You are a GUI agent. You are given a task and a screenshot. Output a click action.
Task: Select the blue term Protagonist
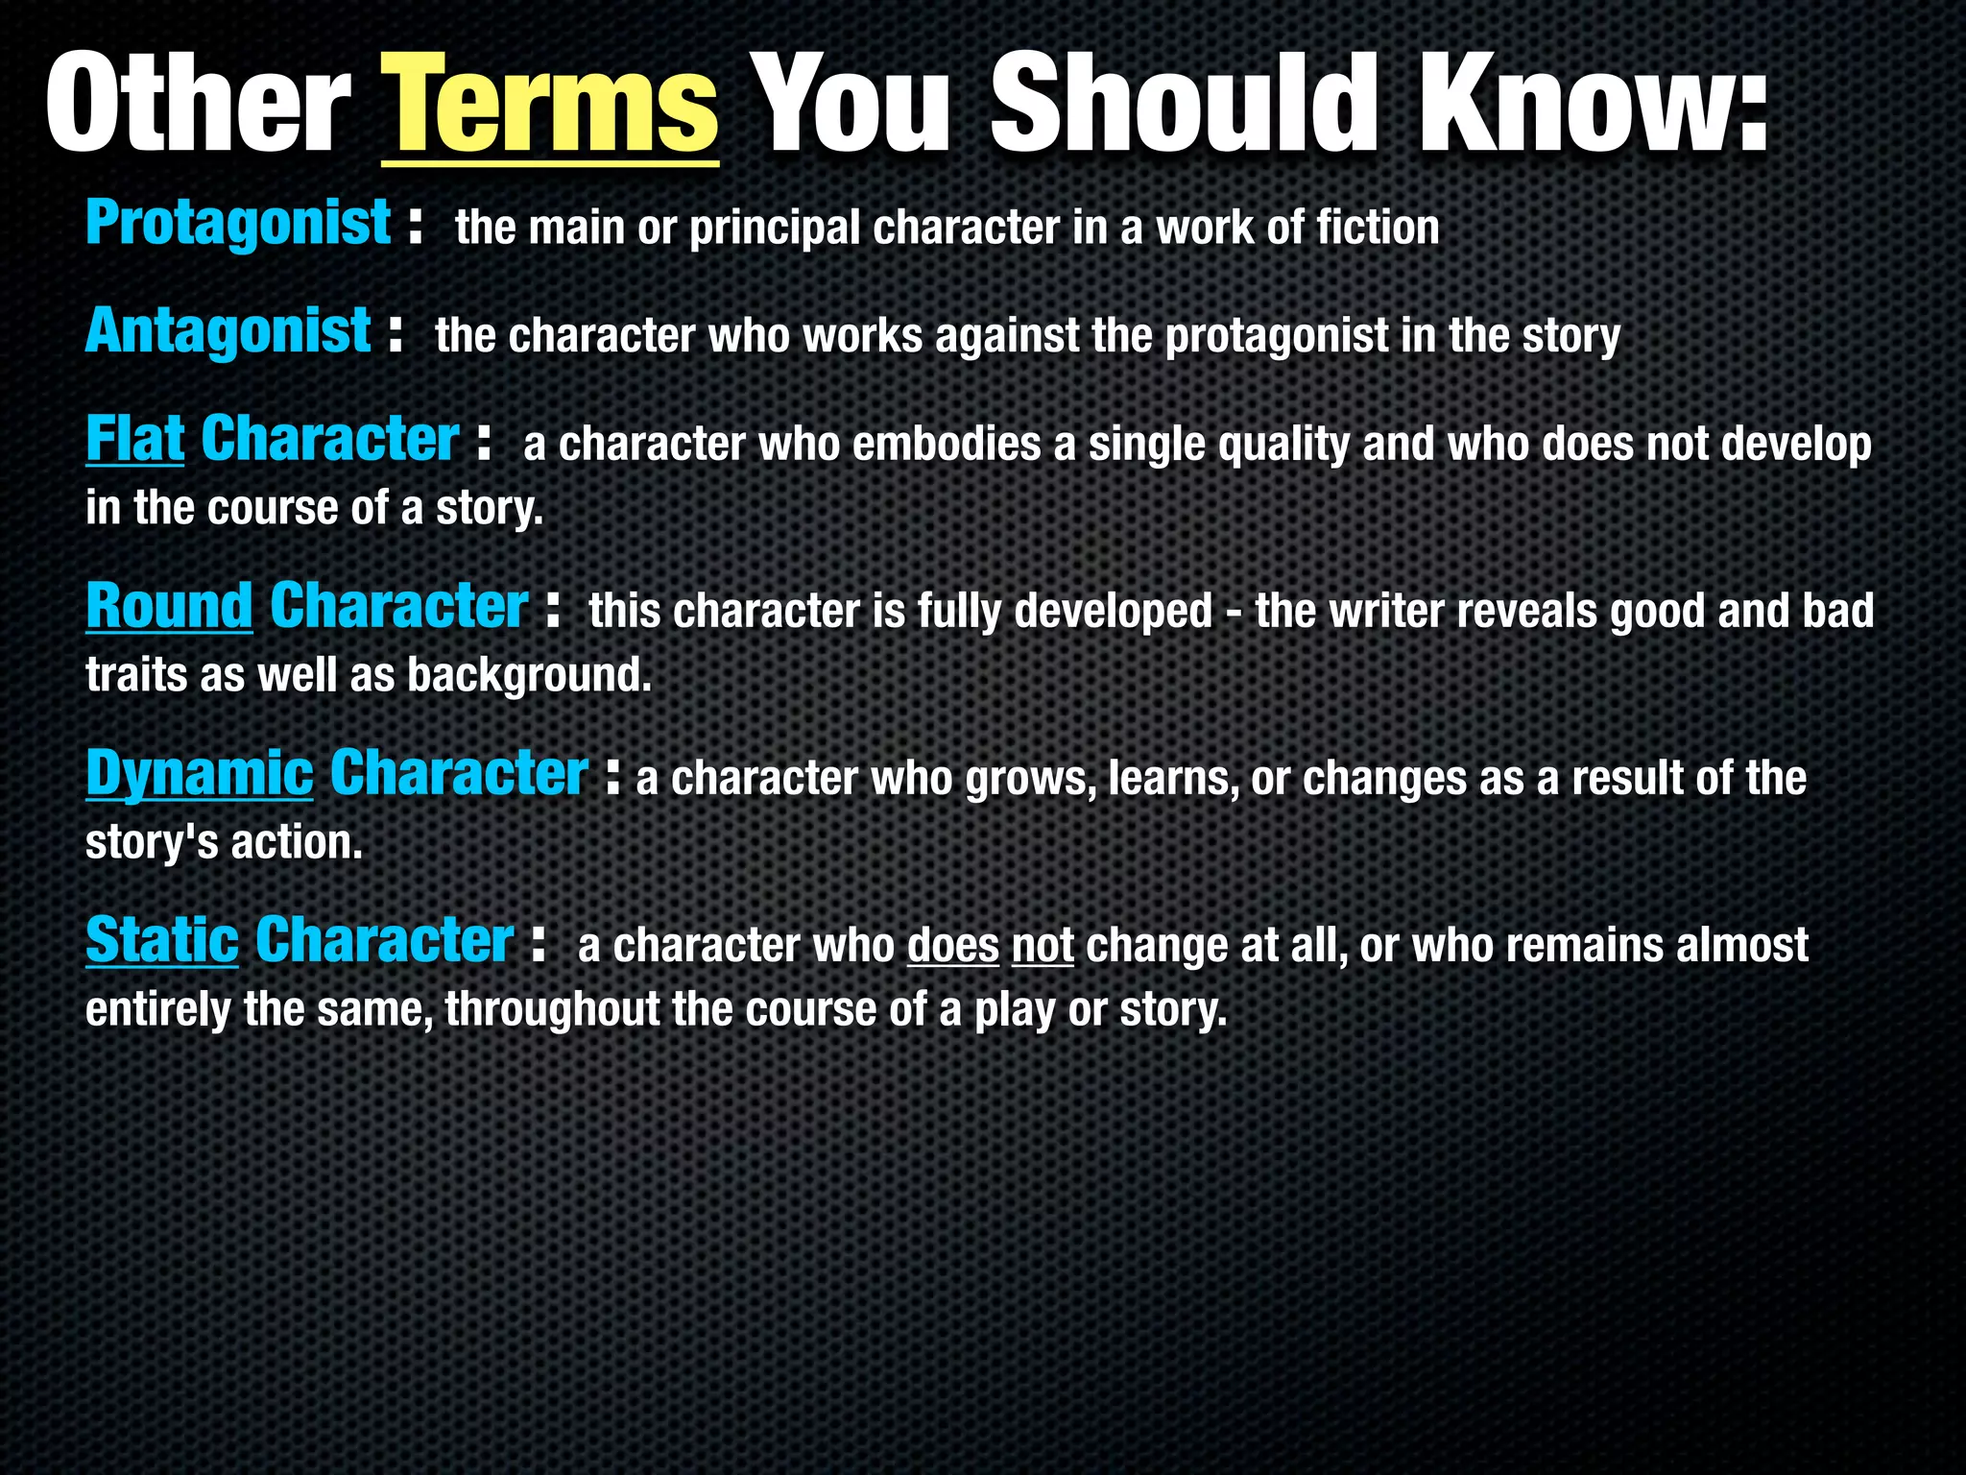pyautogui.click(x=238, y=224)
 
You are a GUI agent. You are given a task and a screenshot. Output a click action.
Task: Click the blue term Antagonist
pyautogui.click(x=228, y=332)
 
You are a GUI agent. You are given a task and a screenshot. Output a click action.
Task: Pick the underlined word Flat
pyautogui.click(x=134, y=440)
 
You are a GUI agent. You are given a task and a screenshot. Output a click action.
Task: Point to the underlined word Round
pyautogui.click(x=169, y=607)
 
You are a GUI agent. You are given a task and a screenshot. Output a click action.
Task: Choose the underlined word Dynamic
pyautogui.click(x=199, y=774)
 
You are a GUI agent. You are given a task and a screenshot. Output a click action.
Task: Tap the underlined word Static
pyautogui.click(x=161, y=941)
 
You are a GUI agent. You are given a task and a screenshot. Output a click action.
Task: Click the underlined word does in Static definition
pyautogui.click(x=952, y=946)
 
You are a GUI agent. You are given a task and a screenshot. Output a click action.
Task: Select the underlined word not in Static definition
pyautogui.click(x=1043, y=946)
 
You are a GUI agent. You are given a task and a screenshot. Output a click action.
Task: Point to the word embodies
pyautogui.click(x=947, y=445)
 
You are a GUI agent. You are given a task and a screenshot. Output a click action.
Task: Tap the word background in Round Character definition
pyautogui.click(x=529, y=676)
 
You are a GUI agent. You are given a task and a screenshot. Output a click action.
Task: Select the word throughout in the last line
pyautogui.click(x=550, y=1010)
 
